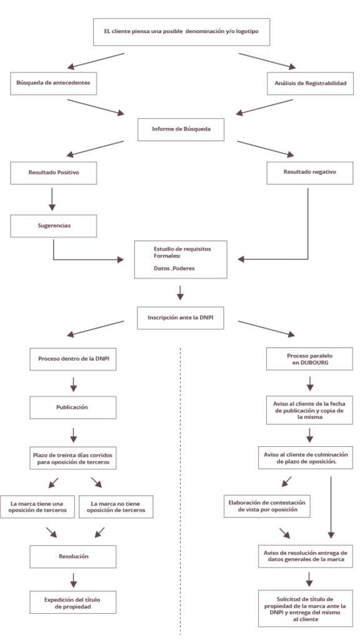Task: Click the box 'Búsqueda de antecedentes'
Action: tap(54, 83)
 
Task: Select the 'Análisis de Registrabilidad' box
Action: tap(310, 83)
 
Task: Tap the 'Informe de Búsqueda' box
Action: tap(181, 129)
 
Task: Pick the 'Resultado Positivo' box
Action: tap(54, 172)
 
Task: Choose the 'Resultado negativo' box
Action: tap(310, 172)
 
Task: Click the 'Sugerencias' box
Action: tap(54, 226)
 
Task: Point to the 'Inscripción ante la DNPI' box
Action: tap(181, 317)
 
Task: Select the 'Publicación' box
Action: tap(73, 407)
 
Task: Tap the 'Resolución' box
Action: tap(73, 556)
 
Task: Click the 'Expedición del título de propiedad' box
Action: tap(73, 602)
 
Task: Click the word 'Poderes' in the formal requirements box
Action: tap(186, 269)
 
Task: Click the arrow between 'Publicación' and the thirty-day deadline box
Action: tap(74, 435)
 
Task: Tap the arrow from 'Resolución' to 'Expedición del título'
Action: tap(74, 579)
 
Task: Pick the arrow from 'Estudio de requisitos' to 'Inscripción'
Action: tap(181, 292)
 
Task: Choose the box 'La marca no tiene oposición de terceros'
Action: tap(116, 507)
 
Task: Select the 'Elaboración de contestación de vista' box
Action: tap(266, 506)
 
